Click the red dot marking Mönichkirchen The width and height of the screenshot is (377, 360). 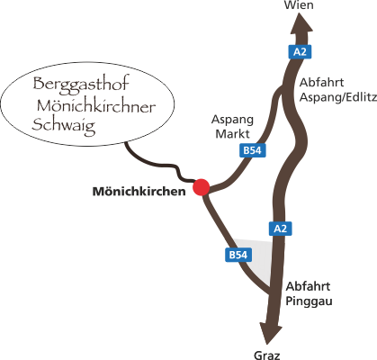coord(201,187)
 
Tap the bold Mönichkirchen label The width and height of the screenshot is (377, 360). coord(139,192)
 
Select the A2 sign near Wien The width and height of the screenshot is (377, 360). coord(300,52)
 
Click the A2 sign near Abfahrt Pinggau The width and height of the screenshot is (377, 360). coord(280,229)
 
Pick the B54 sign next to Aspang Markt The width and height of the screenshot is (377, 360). coord(253,150)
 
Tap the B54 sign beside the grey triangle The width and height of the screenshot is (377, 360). coord(238,255)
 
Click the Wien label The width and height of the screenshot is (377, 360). coord(299,5)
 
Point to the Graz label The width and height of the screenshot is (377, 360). coord(266,355)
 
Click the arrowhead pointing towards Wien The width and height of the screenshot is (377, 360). coord(301,24)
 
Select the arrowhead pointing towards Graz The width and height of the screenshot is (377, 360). coord(271,333)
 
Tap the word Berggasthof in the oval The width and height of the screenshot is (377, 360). coord(81,84)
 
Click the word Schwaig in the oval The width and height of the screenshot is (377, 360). coord(64,126)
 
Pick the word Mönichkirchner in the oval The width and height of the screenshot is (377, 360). coord(96,105)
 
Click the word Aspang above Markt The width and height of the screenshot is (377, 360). coord(232,121)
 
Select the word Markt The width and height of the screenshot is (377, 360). coord(232,134)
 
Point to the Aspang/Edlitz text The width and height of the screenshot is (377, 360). coord(338,97)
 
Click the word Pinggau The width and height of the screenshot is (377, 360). coord(309,301)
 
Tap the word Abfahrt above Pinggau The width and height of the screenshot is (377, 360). coord(308,286)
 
